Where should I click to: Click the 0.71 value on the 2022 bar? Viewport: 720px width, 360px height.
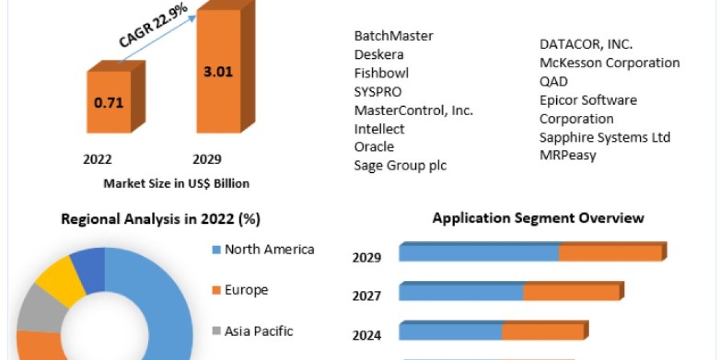coord(109,102)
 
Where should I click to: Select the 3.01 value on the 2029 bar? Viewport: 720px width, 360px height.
coord(218,73)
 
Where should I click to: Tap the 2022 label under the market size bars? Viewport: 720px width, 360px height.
coord(97,159)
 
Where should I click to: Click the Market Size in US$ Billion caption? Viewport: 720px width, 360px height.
coord(176,184)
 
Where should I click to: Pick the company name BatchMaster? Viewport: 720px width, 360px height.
coord(394,36)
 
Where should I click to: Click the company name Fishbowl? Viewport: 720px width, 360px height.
coord(381,73)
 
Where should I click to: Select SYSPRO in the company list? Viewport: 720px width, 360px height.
coord(378,92)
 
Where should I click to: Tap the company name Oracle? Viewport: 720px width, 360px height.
coord(374,147)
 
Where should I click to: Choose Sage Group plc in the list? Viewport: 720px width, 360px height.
coord(400,166)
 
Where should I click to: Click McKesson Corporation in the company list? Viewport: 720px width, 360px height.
coord(610,63)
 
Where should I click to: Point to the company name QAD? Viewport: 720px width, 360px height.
coord(553,82)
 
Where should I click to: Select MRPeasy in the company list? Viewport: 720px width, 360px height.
coord(568,155)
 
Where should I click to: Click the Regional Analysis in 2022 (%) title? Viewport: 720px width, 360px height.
coord(161,220)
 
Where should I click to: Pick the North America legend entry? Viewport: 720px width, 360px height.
coord(269,250)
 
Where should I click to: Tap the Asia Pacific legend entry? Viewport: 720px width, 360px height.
coord(259,331)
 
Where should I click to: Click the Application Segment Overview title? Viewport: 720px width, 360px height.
coord(538,218)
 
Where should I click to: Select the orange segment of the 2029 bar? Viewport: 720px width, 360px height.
coord(610,253)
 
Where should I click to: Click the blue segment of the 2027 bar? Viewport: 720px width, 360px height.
coord(461,292)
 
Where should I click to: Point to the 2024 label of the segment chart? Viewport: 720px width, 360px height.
coord(367,335)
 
